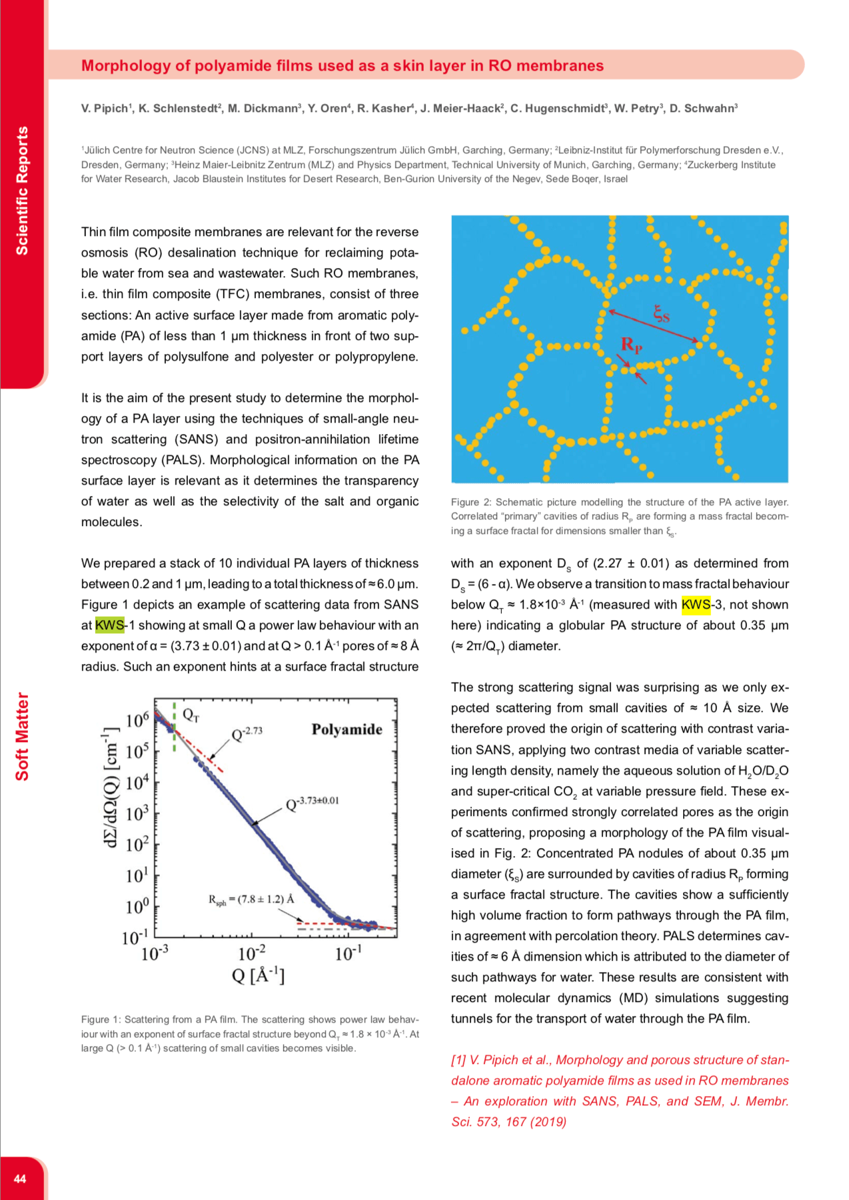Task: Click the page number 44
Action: [x=20, y=1179]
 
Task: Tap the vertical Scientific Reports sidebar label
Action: [x=22, y=191]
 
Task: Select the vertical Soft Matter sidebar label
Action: [x=22, y=737]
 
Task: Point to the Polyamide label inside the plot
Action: [x=347, y=729]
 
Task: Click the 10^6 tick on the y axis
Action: [x=137, y=720]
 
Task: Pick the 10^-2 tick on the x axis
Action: [x=251, y=953]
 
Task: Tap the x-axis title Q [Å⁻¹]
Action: [x=258, y=976]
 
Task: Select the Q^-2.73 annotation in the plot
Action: [x=247, y=734]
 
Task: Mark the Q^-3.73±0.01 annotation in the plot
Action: [x=313, y=803]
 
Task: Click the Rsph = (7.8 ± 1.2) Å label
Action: [x=251, y=900]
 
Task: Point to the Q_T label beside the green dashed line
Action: [x=191, y=716]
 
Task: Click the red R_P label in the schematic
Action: [x=631, y=345]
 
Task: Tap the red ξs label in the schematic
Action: [x=661, y=313]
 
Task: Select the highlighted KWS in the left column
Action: [x=109, y=625]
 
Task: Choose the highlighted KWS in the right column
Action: [x=696, y=605]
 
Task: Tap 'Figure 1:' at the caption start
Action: [x=101, y=1019]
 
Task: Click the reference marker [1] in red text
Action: [x=458, y=1060]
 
